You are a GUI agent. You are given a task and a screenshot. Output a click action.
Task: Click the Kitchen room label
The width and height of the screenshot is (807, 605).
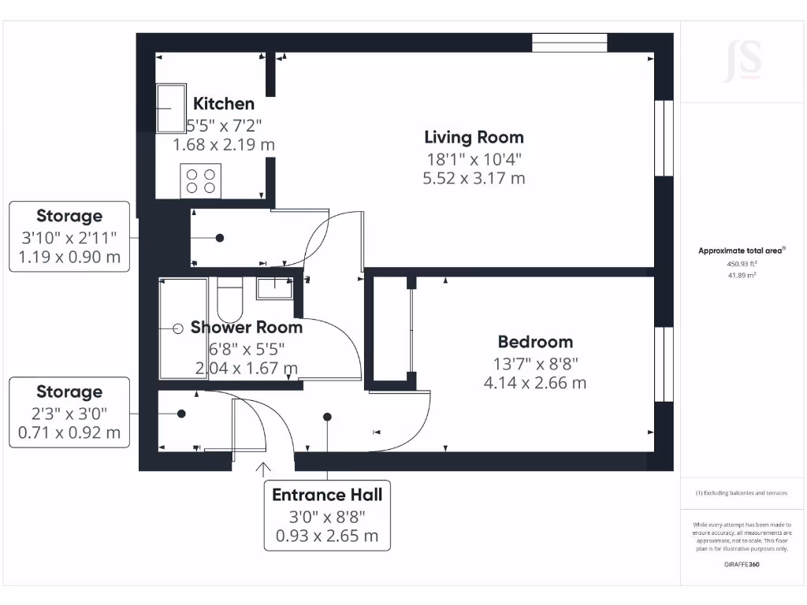tap(224, 103)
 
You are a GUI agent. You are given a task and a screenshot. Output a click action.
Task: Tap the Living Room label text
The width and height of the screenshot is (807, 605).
tap(474, 137)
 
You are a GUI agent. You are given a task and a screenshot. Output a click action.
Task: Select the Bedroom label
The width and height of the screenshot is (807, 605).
tap(535, 342)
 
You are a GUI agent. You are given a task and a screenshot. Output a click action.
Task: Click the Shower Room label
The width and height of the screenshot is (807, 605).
tap(246, 327)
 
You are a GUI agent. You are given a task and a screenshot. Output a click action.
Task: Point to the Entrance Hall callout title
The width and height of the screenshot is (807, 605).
tap(327, 495)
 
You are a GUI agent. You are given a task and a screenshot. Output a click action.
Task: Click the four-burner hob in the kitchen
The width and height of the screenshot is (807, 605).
tap(200, 181)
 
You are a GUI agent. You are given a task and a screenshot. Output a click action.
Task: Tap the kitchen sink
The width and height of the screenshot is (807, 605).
tap(168, 109)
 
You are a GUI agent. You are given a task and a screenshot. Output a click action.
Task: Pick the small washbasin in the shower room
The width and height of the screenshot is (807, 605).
tap(274, 288)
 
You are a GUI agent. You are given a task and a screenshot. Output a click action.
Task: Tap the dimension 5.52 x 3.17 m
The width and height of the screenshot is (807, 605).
tap(474, 178)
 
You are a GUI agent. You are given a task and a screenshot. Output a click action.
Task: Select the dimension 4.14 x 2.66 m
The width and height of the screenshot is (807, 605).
tap(535, 383)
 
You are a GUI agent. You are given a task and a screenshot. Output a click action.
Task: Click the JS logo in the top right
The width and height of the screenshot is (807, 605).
tap(742, 61)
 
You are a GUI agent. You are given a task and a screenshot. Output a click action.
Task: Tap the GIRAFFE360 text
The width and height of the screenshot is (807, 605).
tap(742, 564)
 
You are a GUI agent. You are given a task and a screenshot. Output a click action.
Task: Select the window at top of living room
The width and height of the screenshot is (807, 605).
tap(569, 43)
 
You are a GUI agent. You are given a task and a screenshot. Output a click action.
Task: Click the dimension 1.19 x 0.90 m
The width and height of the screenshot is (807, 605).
tap(69, 257)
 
